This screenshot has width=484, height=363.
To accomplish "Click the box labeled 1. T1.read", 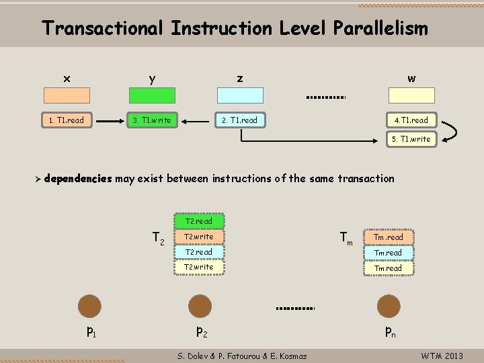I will click(x=67, y=120).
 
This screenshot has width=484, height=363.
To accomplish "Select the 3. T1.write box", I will click(x=151, y=120).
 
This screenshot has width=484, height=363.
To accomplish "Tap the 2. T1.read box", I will click(x=239, y=120).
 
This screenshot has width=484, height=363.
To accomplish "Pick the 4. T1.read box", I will click(x=411, y=120).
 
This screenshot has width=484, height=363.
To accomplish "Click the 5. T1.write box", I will click(x=411, y=139).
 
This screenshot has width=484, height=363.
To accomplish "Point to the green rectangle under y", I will click(x=151, y=95).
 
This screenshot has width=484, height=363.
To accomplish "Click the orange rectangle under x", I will click(x=67, y=95).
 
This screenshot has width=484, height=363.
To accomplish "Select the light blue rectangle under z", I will click(x=239, y=95).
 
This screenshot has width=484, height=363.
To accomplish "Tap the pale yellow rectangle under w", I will click(x=411, y=95).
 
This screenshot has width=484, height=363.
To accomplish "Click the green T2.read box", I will click(x=198, y=221).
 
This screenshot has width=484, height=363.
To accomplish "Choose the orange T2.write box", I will click(x=198, y=237).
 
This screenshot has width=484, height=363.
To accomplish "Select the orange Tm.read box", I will click(x=389, y=237).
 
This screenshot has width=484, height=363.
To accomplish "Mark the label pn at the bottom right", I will click(x=390, y=331).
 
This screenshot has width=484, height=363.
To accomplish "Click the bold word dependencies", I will click(x=79, y=178).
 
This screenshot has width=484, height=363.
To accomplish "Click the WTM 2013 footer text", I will click(x=442, y=356).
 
